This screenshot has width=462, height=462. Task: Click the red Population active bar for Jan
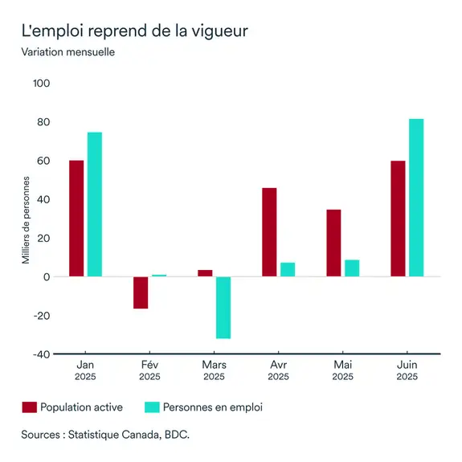[76, 219]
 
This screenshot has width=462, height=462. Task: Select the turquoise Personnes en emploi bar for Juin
[416, 198]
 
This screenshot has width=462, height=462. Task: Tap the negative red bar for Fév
[141, 292]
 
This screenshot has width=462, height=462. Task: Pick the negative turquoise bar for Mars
[223, 308]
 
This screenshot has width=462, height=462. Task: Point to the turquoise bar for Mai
[352, 268]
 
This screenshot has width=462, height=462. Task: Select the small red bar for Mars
[205, 273]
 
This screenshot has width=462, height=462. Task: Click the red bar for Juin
[398, 219]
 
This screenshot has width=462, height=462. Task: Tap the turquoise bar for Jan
[95, 204]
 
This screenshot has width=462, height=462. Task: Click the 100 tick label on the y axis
[41, 84]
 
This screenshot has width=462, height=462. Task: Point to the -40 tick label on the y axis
[40, 354]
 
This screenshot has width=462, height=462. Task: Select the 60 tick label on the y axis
[43, 161]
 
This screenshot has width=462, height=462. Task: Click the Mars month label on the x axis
[214, 365]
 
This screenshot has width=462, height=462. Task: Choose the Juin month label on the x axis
[407, 365]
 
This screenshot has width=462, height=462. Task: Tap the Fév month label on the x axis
[149, 365]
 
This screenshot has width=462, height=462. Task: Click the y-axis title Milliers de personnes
[25, 219]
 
